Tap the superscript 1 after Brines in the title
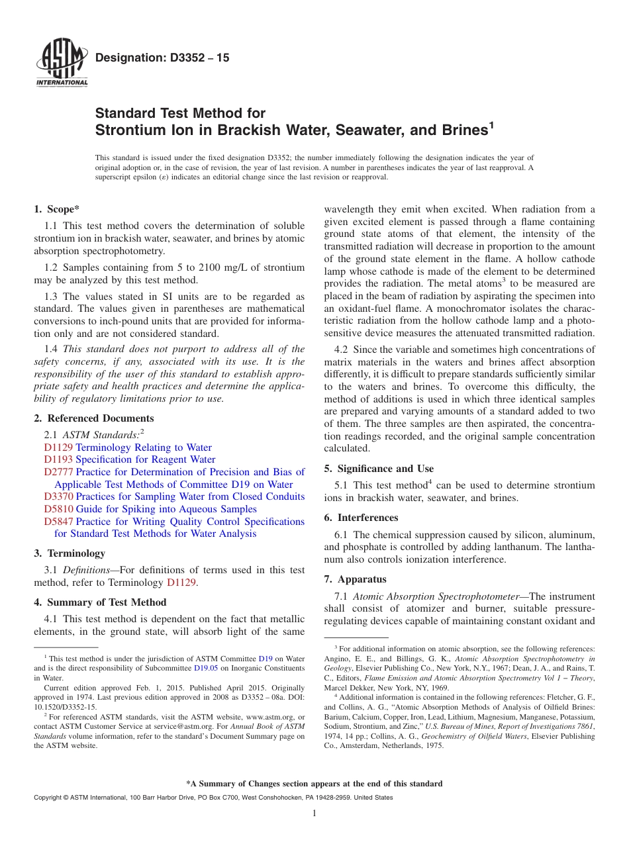coord(491,124)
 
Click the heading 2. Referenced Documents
coord(94,418)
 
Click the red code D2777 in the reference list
coord(58,472)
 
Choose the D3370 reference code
coord(58,496)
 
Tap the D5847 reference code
coord(58,522)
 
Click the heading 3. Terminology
coord(70,553)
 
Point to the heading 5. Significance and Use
coord(379,469)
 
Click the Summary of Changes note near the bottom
coord(314,784)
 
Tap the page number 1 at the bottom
coord(314,814)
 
